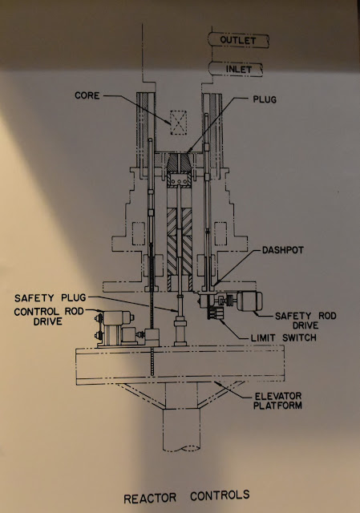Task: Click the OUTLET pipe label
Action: pos(238,40)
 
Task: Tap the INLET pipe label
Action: pos(239,70)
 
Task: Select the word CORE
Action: pos(87,95)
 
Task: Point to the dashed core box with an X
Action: pos(178,123)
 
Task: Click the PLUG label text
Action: pos(265,99)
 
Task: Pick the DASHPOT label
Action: pos(283,250)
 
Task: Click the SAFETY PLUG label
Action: pos(50,297)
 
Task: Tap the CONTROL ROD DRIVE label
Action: pos(48,316)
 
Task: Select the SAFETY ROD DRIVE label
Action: pos(305,321)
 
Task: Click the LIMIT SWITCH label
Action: pos(283,337)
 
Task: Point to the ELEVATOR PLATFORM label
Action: pos(278,401)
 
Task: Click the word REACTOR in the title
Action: pos(150,499)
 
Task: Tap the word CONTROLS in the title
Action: pos(220,495)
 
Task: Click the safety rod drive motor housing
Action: pos(249,301)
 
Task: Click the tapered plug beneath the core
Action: pos(179,164)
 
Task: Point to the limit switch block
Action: pos(215,312)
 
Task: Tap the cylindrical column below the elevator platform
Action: pos(181,430)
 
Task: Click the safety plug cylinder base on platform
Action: pos(180,331)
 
